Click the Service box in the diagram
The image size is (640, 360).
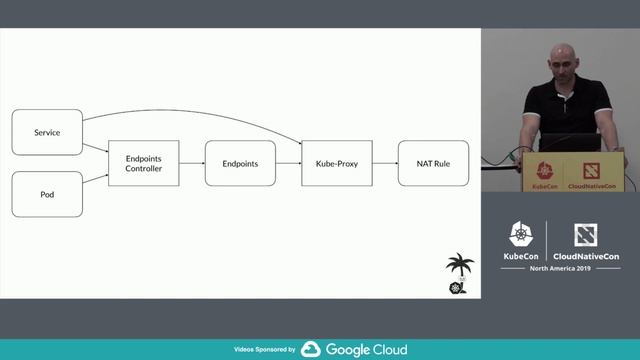pos(46,133)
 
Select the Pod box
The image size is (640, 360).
pos(46,194)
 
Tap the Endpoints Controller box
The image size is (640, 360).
pos(143,163)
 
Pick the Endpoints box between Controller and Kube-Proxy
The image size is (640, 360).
pos(240,163)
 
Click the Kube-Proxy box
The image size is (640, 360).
pos(337,163)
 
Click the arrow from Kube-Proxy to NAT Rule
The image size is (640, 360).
pos(385,163)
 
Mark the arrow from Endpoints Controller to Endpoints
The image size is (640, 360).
pos(192,163)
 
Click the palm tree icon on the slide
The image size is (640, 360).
pos(460,268)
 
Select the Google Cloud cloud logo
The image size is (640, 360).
pos(310,350)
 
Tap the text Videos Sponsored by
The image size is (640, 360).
pos(264,350)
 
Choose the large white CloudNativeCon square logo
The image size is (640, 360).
pos(586,235)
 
